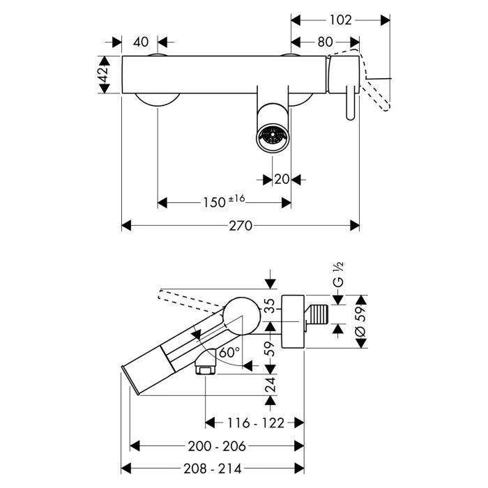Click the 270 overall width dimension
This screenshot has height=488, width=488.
[241, 226]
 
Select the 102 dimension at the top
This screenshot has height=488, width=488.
[340, 20]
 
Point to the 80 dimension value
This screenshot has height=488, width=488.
[325, 42]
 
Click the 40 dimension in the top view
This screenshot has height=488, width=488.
[140, 42]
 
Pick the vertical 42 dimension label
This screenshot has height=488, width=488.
[103, 75]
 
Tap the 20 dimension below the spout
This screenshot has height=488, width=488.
[282, 179]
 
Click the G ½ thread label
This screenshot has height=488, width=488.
[339, 274]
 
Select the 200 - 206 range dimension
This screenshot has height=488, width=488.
[218, 445]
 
